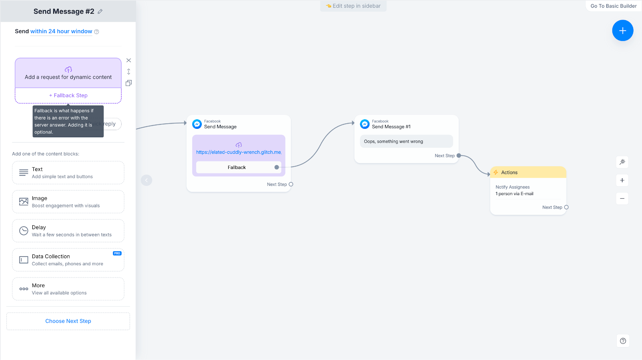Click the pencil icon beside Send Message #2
[x=100, y=12]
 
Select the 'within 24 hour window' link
[x=61, y=31]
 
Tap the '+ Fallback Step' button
[x=68, y=96]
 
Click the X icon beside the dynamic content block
[x=129, y=60]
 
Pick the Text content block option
[x=68, y=173]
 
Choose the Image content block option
[x=68, y=202]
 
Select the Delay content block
[x=68, y=231]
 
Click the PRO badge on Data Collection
[x=117, y=253]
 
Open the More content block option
[x=68, y=289]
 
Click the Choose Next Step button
[x=68, y=321]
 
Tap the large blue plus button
[x=622, y=31]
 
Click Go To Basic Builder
[x=614, y=6]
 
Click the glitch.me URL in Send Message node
[x=239, y=152]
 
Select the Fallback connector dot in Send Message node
[x=276, y=167]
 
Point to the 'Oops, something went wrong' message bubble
[x=406, y=141]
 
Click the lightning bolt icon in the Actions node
[x=496, y=172]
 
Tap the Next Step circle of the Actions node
[x=566, y=207]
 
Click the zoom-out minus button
[x=622, y=198]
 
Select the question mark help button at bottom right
[x=623, y=341]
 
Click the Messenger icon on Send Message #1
[x=365, y=124]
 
